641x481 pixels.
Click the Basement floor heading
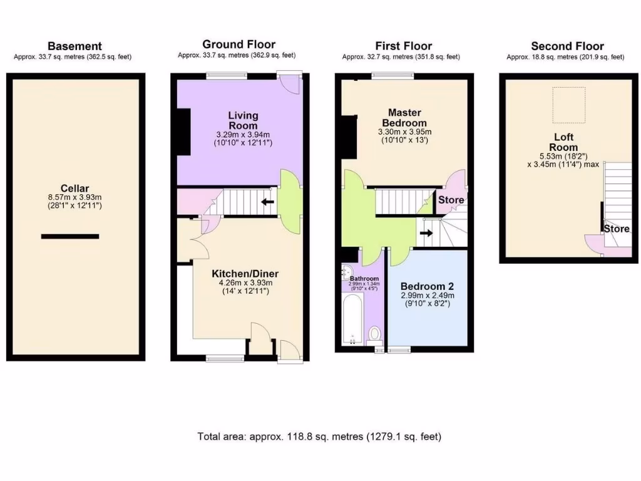tap(74, 46)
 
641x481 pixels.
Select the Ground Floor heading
tap(238, 44)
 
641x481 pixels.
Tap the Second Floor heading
tap(567, 46)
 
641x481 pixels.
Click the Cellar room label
tap(74, 188)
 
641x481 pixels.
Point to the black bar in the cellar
tap(70, 236)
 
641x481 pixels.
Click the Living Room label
tap(243, 120)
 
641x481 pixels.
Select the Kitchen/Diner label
tap(245, 274)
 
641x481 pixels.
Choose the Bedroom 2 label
tap(428, 282)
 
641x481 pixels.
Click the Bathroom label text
tap(364, 278)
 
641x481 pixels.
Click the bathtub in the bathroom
tap(354, 320)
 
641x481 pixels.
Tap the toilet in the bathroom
tap(375, 334)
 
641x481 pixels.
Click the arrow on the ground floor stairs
tap(269, 202)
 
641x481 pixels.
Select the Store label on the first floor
tap(451, 200)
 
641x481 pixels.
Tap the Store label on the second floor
tap(616, 229)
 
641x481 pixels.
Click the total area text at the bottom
tap(320, 437)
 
